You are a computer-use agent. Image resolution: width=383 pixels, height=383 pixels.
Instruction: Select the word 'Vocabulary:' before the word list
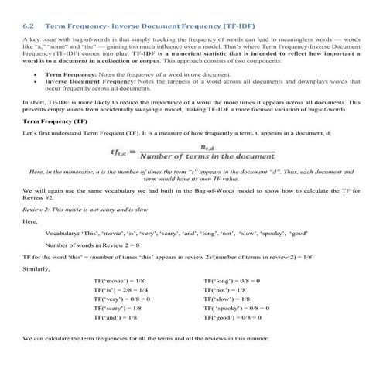(63, 232)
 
